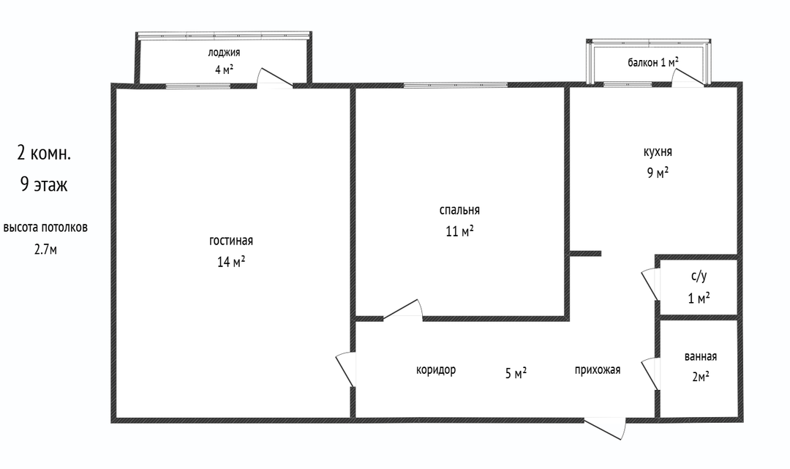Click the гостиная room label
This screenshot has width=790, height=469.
click(230, 241)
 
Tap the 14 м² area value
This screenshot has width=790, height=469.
click(230, 261)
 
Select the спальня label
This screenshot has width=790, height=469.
click(459, 211)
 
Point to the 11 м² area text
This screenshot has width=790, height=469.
click(459, 231)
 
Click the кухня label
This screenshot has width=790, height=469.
click(658, 152)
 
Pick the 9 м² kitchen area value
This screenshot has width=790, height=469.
click(658, 173)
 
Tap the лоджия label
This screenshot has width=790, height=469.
click(224, 53)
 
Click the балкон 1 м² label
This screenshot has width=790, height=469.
click(652, 62)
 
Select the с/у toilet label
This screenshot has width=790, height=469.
click(699, 277)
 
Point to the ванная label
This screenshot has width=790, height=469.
click(700, 356)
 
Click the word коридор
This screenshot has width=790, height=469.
click(436, 369)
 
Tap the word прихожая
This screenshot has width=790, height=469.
click(597, 369)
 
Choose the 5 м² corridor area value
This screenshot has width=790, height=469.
click(516, 373)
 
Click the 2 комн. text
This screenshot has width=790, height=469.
click(44, 153)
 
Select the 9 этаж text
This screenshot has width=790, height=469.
click(44, 184)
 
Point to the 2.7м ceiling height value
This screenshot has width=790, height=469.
click(45, 249)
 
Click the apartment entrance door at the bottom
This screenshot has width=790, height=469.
click(605, 428)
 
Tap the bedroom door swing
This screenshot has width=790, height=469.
click(402, 309)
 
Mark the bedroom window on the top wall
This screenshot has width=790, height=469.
click(455, 85)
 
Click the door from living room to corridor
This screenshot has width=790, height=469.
click(346, 369)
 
